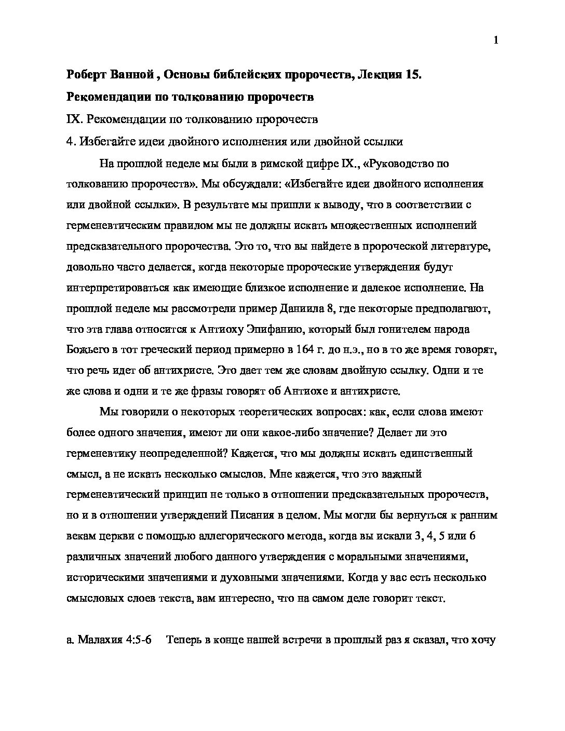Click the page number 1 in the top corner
point(496,41)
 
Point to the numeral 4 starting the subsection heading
point(70,142)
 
